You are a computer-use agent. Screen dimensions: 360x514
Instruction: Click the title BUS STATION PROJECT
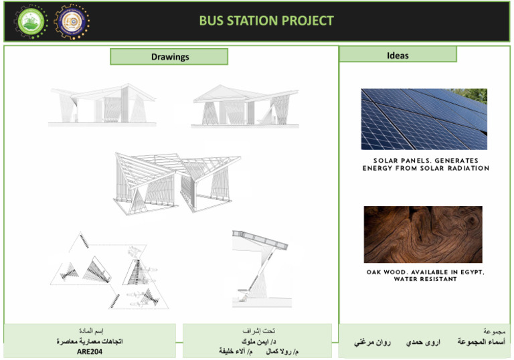tap(266, 21)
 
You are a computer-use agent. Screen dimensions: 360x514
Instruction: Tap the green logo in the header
tap(31, 21)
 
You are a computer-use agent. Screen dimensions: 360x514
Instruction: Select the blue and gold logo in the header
tap(71, 21)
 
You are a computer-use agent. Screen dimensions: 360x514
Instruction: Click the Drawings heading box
tap(169, 57)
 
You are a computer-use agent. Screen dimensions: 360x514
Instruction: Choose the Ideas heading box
tap(398, 55)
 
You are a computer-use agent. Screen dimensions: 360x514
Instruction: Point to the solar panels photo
tap(424, 119)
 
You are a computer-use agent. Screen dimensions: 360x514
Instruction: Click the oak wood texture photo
tap(422, 234)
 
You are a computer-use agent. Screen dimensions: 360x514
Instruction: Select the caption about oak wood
tap(425, 276)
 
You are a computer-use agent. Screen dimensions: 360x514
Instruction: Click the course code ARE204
tap(90, 351)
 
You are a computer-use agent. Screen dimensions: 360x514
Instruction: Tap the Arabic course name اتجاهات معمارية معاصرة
tap(90, 341)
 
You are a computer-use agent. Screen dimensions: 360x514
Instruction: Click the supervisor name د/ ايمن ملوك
tap(257, 341)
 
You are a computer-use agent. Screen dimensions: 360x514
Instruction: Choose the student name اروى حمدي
tap(423, 342)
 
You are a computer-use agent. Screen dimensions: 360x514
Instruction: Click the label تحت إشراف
tap(257, 331)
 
